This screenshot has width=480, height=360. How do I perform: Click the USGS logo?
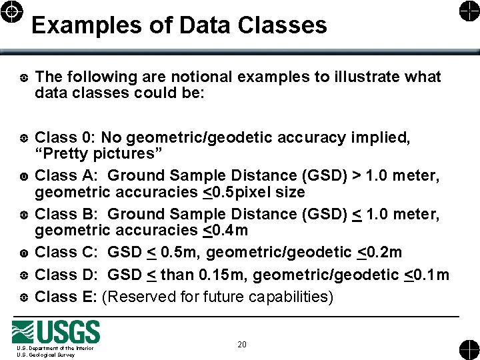[56, 331]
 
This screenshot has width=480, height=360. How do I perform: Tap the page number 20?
[241, 344]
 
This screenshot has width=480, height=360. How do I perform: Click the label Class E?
[66, 296]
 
